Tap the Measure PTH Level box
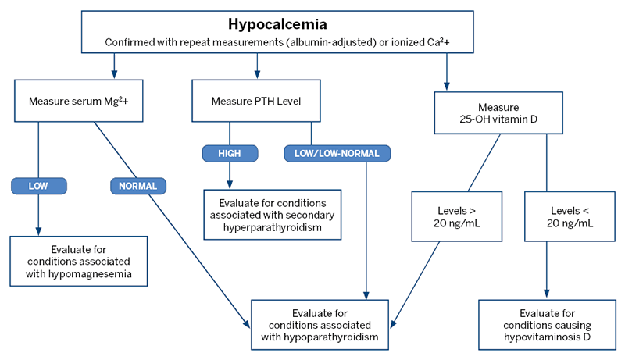click(x=255, y=102)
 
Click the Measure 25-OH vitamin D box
click(x=498, y=112)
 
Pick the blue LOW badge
click(x=38, y=186)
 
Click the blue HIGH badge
click(x=230, y=154)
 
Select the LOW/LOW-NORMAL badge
click(x=337, y=154)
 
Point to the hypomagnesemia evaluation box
click(x=78, y=261)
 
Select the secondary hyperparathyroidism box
click(x=273, y=214)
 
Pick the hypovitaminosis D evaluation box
click(x=545, y=323)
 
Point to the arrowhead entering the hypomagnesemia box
click(x=38, y=231)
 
